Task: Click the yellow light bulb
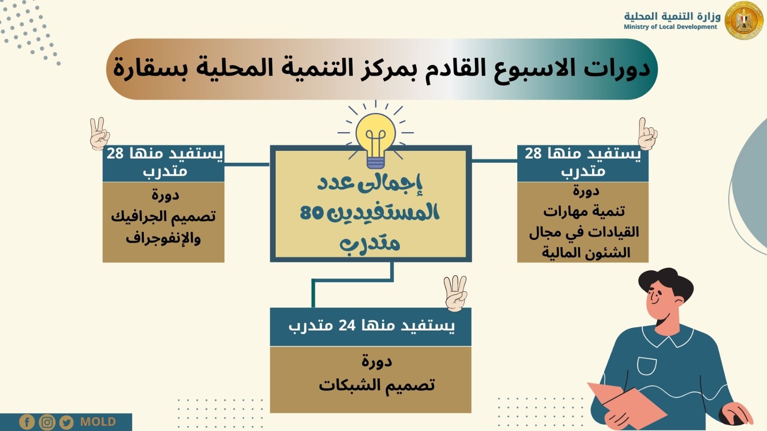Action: pyautogui.click(x=375, y=136)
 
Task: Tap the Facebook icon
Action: pyautogui.click(x=27, y=422)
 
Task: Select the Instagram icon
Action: pyautogui.click(x=47, y=422)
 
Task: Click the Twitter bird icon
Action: pyautogui.click(x=66, y=422)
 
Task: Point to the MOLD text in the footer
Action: pyautogui.click(x=98, y=422)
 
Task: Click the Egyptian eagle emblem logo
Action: pyautogui.click(x=744, y=21)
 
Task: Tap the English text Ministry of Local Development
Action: pyautogui.click(x=670, y=27)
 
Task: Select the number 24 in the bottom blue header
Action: pyautogui.click(x=347, y=326)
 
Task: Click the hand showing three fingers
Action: pyautogui.click(x=455, y=292)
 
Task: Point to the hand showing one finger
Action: pyautogui.click(x=647, y=134)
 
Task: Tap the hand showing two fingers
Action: pyautogui.click(x=99, y=133)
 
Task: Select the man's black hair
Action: pyautogui.click(x=666, y=283)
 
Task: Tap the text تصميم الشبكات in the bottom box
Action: pyautogui.click(x=377, y=385)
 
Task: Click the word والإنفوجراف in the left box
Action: pyautogui.click(x=163, y=238)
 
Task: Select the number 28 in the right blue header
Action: pyautogui.click(x=533, y=153)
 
